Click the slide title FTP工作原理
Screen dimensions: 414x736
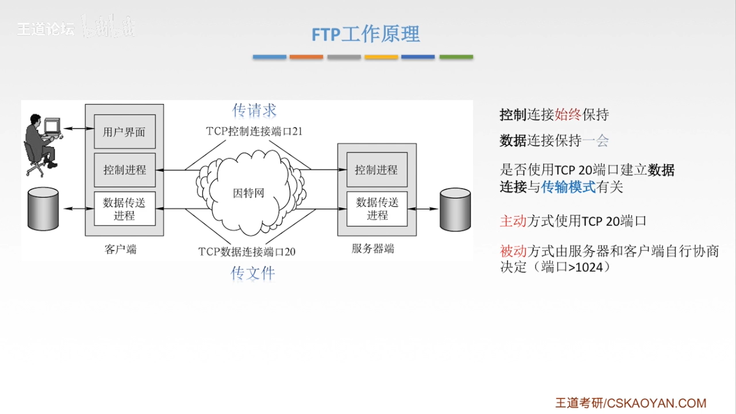point(365,34)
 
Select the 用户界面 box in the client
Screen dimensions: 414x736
point(125,132)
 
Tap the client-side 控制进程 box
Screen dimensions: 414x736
point(125,170)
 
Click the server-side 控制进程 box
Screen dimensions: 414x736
point(376,170)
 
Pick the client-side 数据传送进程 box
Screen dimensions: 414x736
point(125,209)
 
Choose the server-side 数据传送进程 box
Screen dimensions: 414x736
point(377,209)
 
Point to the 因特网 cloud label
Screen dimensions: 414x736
point(248,193)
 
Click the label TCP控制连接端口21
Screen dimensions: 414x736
point(254,131)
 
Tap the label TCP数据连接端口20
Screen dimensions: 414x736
point(247,252)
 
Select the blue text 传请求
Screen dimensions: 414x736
point(254,110)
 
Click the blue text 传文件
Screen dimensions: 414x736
point(253,273)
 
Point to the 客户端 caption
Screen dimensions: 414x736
point(120,250)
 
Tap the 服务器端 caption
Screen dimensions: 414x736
point(373,249)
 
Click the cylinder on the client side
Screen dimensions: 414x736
point(43,209)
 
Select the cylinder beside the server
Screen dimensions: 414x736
point(455,210)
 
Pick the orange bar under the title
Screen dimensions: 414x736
point(306,57)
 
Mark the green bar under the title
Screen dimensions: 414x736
point(456,57)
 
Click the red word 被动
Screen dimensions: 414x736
point(513,251)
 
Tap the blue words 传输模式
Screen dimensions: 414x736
point(568,187)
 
